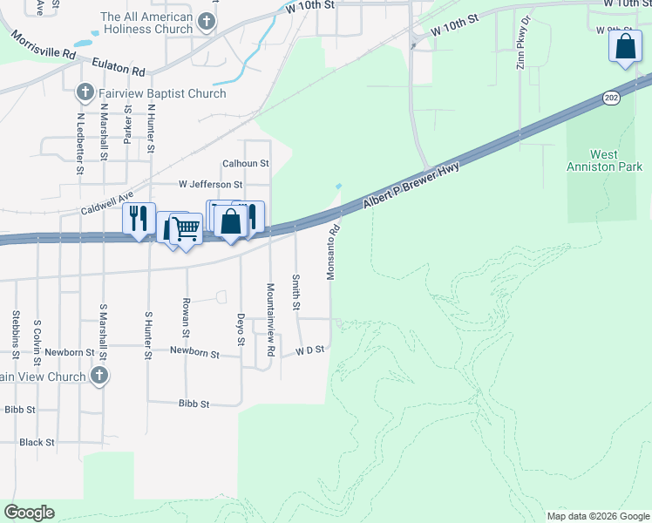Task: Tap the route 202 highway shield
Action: [611, 98]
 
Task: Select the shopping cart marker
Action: [186, 229]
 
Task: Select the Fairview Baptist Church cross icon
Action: [85, 92]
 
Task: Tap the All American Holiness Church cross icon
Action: [207, 21]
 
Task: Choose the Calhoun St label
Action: [245, 163]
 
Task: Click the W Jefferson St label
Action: [210, 185]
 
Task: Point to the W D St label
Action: [309, 350]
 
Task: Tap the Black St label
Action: [37, 442]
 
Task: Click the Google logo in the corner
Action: [29, 513]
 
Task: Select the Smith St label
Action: [295, 293]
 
